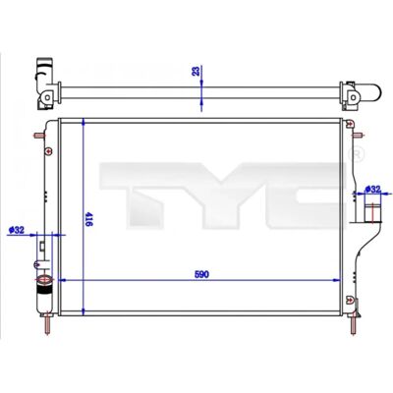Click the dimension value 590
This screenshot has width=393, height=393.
pos(201,274)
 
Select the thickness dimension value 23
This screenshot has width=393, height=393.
pos(196,71)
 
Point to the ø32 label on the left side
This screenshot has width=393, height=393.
pos(17,230)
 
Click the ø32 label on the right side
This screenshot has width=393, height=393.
pos(372,189)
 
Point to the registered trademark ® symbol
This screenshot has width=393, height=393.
pos(356,154)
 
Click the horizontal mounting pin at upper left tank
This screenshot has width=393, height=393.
pos(39,136)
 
